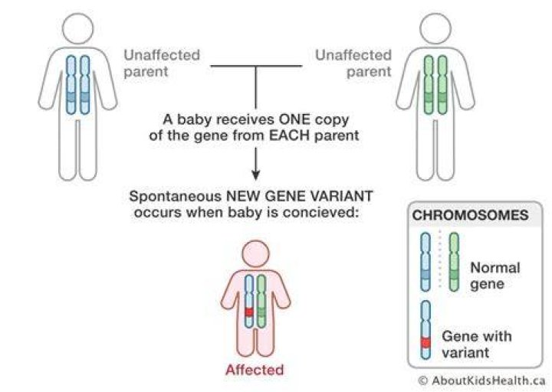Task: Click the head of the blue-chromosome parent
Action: coord(77,29)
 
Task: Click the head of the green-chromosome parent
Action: coord(435,29)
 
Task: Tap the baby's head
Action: coord(255,254)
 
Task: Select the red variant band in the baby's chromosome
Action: coord(249,312)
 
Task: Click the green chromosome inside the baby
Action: coord(261,302)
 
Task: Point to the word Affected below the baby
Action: coord(255,370)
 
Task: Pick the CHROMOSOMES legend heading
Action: coord(470,215)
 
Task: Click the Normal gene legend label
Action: coord(495,276)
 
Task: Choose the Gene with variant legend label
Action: coord(477,345)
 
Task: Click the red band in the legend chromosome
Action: coord(426,342)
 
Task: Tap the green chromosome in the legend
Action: coord(454,262)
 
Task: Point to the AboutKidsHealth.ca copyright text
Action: coord(481,381)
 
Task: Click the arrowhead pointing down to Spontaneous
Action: coord(256,175)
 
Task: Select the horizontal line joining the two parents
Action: coord(256,66)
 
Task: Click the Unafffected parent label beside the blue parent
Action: coord(162,64)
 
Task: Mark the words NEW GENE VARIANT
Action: coord(299,196)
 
